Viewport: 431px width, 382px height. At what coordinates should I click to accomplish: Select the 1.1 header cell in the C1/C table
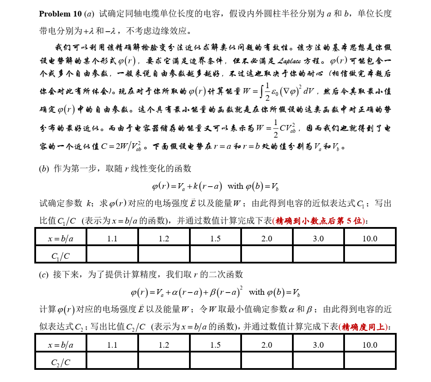pyautogui.click(x=112, y=238)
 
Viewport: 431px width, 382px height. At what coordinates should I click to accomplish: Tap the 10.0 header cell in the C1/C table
pyautogui.click(x=370, y=238)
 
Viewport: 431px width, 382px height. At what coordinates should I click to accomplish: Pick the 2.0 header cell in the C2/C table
pyautogui.click(x=267, y=345)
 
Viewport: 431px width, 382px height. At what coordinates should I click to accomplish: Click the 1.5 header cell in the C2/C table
pyautogui.click(x=215, y=345)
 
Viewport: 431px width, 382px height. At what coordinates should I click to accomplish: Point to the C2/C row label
pyautogui.click(x=61, y=362)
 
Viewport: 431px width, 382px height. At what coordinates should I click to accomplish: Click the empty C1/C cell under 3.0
pyautogui.click(x=318, y=255)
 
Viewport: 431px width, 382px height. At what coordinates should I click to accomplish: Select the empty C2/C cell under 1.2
pyautogui.click(x=164, y=361)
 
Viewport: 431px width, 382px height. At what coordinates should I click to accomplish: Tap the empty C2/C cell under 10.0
pyautogui.click(x=370, y=361)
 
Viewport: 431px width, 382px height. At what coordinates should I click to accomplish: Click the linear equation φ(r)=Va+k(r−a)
pyautogui.click(x=187, y=186)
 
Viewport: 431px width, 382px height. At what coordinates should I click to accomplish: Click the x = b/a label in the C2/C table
pyautogui.click(x=61, y=345)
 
